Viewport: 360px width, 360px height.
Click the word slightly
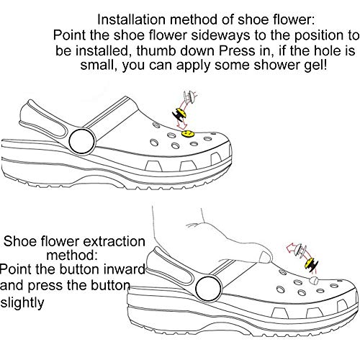pos(22,303)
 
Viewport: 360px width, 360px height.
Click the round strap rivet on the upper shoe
pos(82,142)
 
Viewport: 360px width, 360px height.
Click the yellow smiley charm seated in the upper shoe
pos(187,134)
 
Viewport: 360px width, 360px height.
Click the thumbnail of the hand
pos(265,257)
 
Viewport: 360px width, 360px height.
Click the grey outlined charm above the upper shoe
pos(189,96)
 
